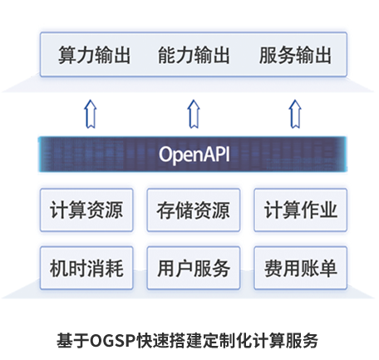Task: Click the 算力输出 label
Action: pos(94,55)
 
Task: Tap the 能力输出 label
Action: pos(194,55)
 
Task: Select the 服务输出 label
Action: pos(295,55)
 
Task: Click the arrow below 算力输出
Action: pos(91,114)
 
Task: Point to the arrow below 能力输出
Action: pos(194,114)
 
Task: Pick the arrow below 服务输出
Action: pos(295,114)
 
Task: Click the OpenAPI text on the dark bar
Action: pos(194,155)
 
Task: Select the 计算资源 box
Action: pos(86,210)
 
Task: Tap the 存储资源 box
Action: pos(194,210)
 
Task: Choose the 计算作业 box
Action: pos(301,210)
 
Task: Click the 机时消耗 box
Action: pos(86,268)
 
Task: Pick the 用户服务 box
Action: pos(194,268)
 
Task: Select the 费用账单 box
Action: pos(301,268)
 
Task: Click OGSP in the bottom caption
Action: pos(113,341)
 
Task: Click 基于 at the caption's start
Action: pos(73,341)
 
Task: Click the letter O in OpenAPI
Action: pos(165,154)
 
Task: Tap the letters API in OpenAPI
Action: pos(216,154)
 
